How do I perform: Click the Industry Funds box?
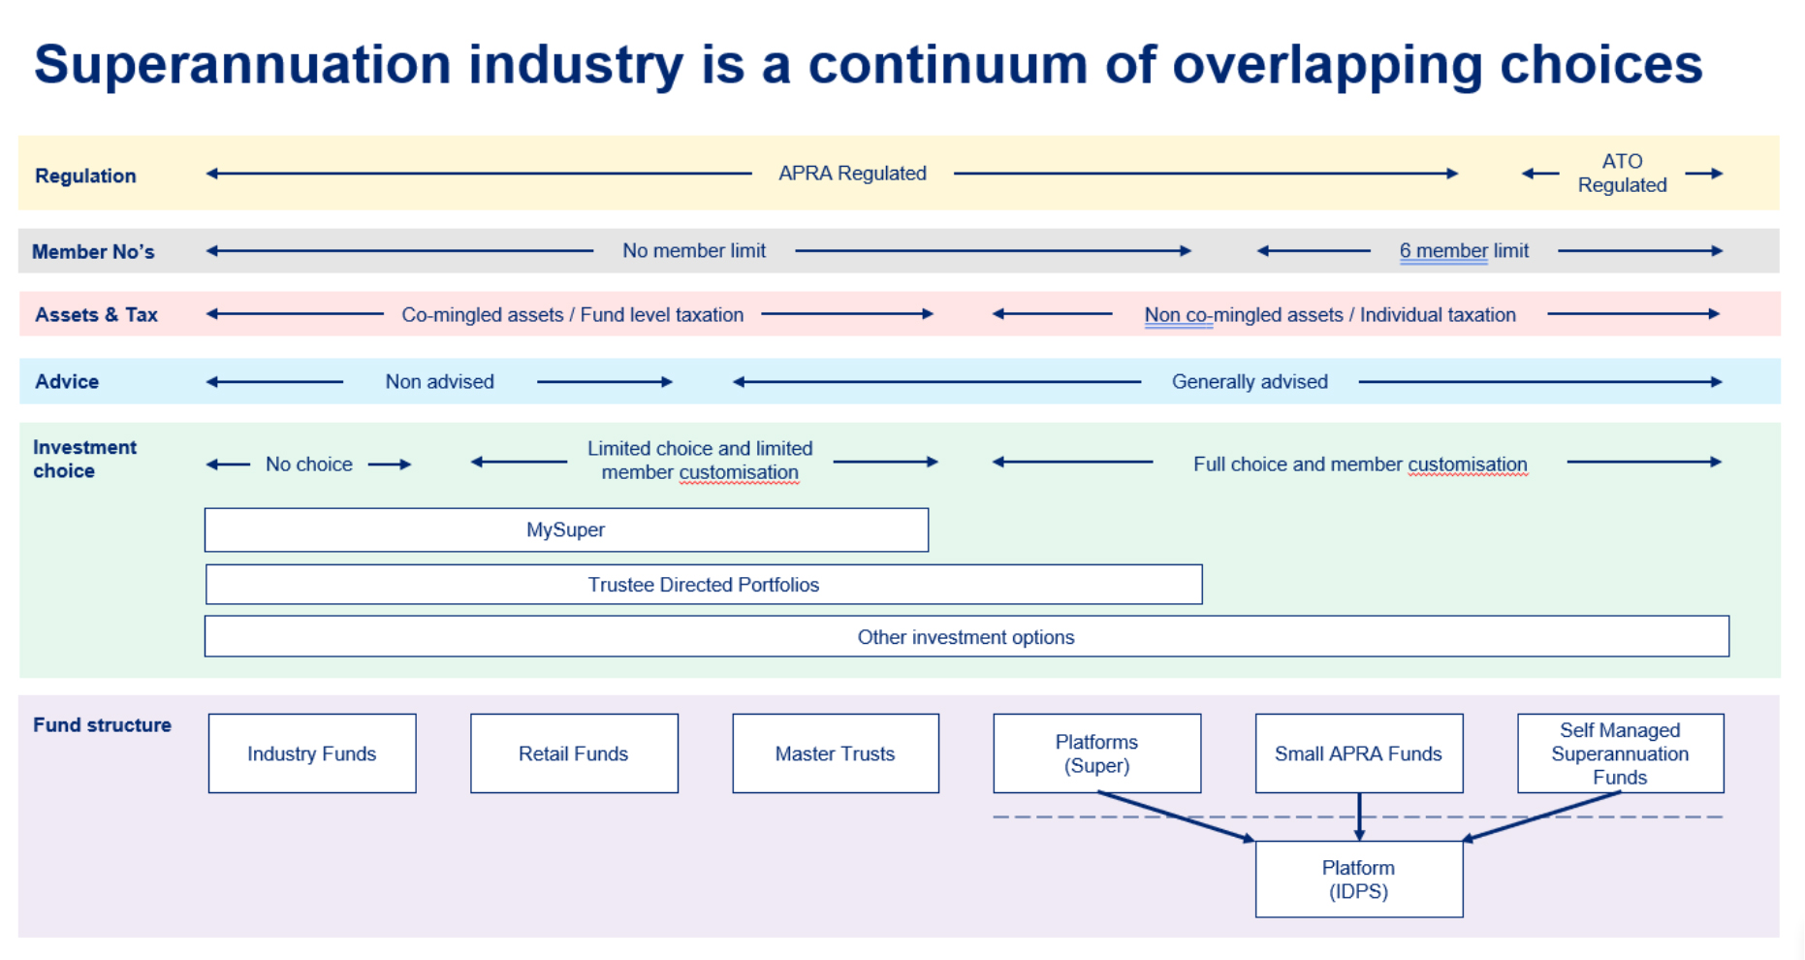[x=312, y=753]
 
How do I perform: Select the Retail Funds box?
[x=574, y=753]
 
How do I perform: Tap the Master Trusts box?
[x=836, y=753]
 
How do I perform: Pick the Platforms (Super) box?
[x=1097, y=753]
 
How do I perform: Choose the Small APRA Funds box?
[x=1359, y=753]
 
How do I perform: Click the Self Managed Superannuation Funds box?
[x=1621, y=753]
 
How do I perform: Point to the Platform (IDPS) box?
[x=1359, y=879]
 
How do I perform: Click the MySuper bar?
[x=566, y=529]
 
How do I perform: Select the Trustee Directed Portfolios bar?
[x=704, y=585]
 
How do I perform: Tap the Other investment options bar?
[x=966, y=637]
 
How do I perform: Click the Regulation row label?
[x=85, y=176]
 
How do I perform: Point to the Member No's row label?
[x=93, y=252]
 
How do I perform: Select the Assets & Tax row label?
[x=96, y=314]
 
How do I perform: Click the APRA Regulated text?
[x=853, y=173]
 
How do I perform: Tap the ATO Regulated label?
[x=1623, y=173]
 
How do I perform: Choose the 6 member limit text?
[x=1465, y=250]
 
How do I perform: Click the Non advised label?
[x=440, y=381]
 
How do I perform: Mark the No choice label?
[x=309, y=464]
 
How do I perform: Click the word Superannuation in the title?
[x=243, y=64]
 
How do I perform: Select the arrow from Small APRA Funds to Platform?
[x=1359, y=816]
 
